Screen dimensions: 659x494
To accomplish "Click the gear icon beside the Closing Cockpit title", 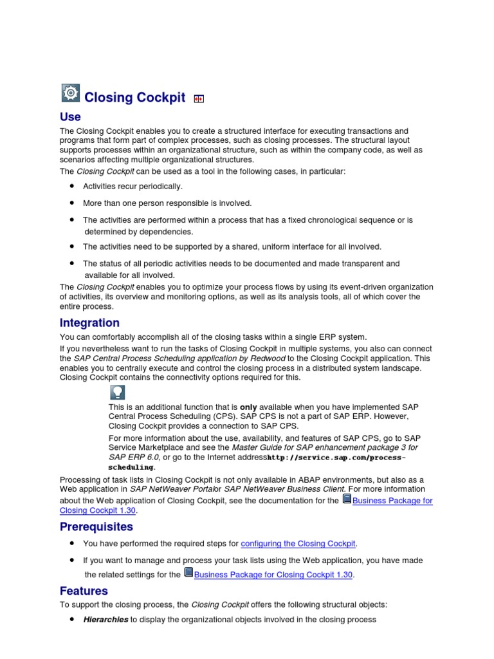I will (71, 93).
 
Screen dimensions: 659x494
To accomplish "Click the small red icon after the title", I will (199, 98).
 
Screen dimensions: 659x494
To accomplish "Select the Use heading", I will (70, 116).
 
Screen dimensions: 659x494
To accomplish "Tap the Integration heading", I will (89, 322).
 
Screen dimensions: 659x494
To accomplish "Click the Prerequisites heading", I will (96, 526).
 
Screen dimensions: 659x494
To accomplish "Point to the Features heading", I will (84, 591).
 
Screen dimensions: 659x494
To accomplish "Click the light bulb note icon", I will (117, 393).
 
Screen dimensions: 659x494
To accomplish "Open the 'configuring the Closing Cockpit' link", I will (298, 544).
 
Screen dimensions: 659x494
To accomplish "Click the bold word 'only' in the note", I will (248, 407).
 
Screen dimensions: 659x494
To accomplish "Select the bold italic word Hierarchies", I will (105, 620).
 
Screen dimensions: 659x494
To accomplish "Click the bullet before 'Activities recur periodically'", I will (71, 186).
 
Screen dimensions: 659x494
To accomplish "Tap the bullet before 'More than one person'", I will (71, 203).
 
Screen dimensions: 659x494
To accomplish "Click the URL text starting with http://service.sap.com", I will (336, 458).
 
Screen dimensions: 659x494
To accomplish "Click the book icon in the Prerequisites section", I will (188, 573).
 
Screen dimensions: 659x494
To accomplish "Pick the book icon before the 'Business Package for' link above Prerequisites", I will (347, 499).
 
